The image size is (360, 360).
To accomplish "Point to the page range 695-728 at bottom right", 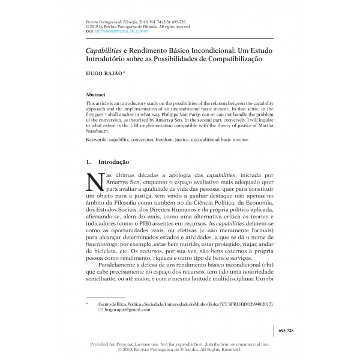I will (x=287, y=329).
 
